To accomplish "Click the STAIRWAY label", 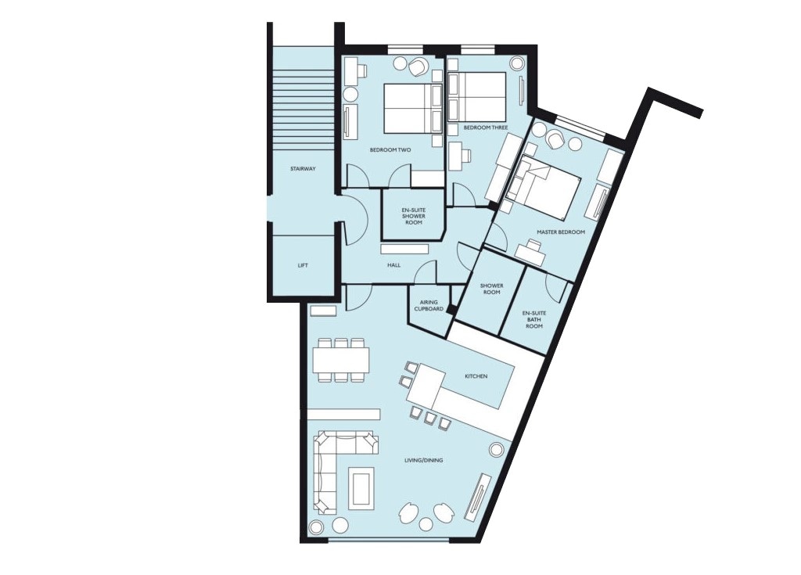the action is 303,169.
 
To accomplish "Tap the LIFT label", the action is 303,266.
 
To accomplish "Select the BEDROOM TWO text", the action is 390,150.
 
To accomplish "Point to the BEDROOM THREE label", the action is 486,128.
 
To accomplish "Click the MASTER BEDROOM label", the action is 561,232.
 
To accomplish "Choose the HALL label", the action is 394,265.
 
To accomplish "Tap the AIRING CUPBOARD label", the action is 429,306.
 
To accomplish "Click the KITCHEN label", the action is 476,376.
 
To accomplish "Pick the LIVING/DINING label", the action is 423,461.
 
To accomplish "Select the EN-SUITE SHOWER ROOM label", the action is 414,216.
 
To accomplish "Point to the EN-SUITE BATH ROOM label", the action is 534,319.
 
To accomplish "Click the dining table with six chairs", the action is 341,360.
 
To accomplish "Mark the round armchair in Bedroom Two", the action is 419,67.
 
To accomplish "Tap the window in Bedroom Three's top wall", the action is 478,49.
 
